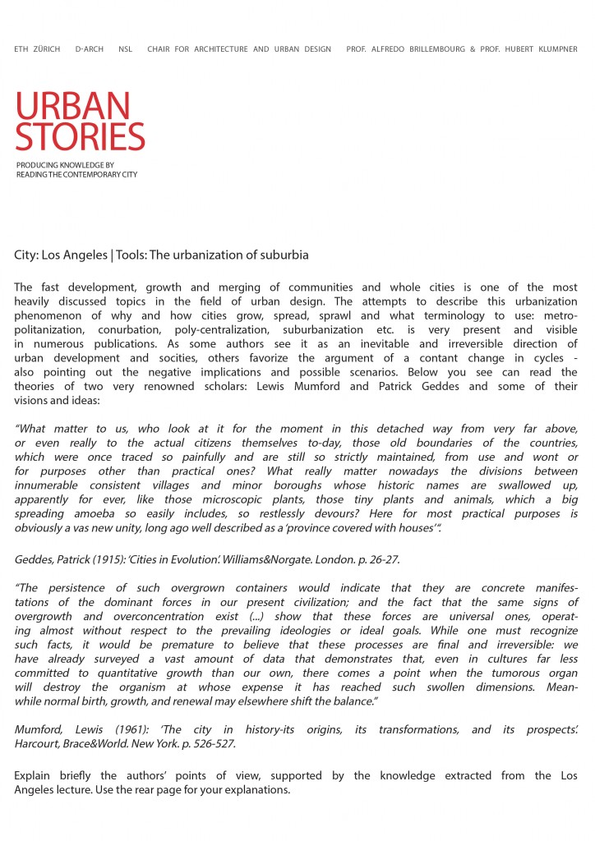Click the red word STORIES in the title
[80, 136]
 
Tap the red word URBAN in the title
[72, 106]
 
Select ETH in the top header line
[21, 49]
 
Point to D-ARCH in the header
[89, 49]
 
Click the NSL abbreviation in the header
[125, 49]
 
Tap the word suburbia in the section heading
[281, 255]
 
